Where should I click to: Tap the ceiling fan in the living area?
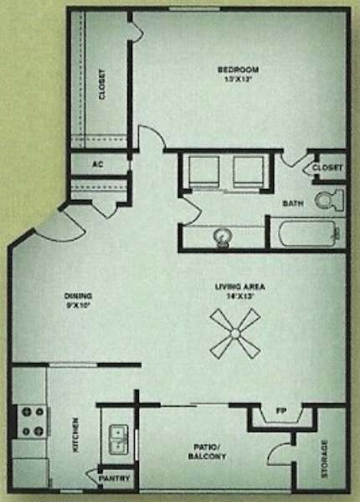point(234,333)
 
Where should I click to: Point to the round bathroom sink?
point(223,237)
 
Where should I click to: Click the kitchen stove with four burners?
point(31,422)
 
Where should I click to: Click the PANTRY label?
point(114,479)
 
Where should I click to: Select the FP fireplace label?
point(281,412)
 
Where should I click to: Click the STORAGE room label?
point(324,459)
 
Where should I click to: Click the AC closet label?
point(96,164)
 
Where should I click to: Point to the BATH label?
point(292,203)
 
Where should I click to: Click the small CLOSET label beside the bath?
point(327,168)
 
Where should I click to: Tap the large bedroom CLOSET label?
point(102,84)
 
